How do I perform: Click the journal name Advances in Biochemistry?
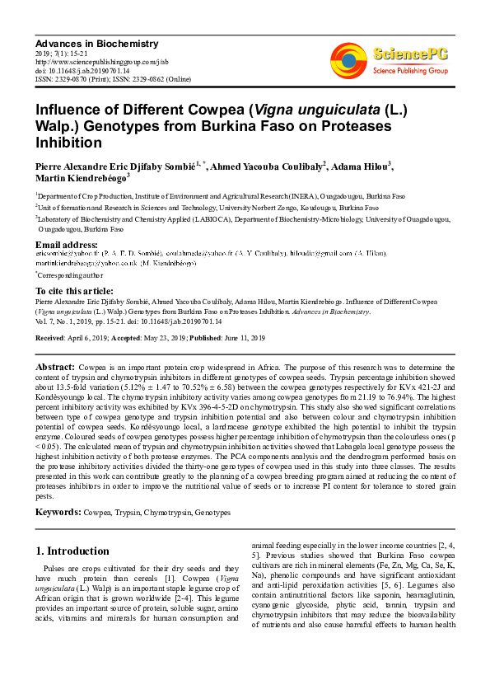(85, 42)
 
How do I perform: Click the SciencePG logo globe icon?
(348, 61)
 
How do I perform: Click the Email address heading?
(67, 245)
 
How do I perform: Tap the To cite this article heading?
(74, 291)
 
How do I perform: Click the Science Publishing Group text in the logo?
(410, 71)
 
